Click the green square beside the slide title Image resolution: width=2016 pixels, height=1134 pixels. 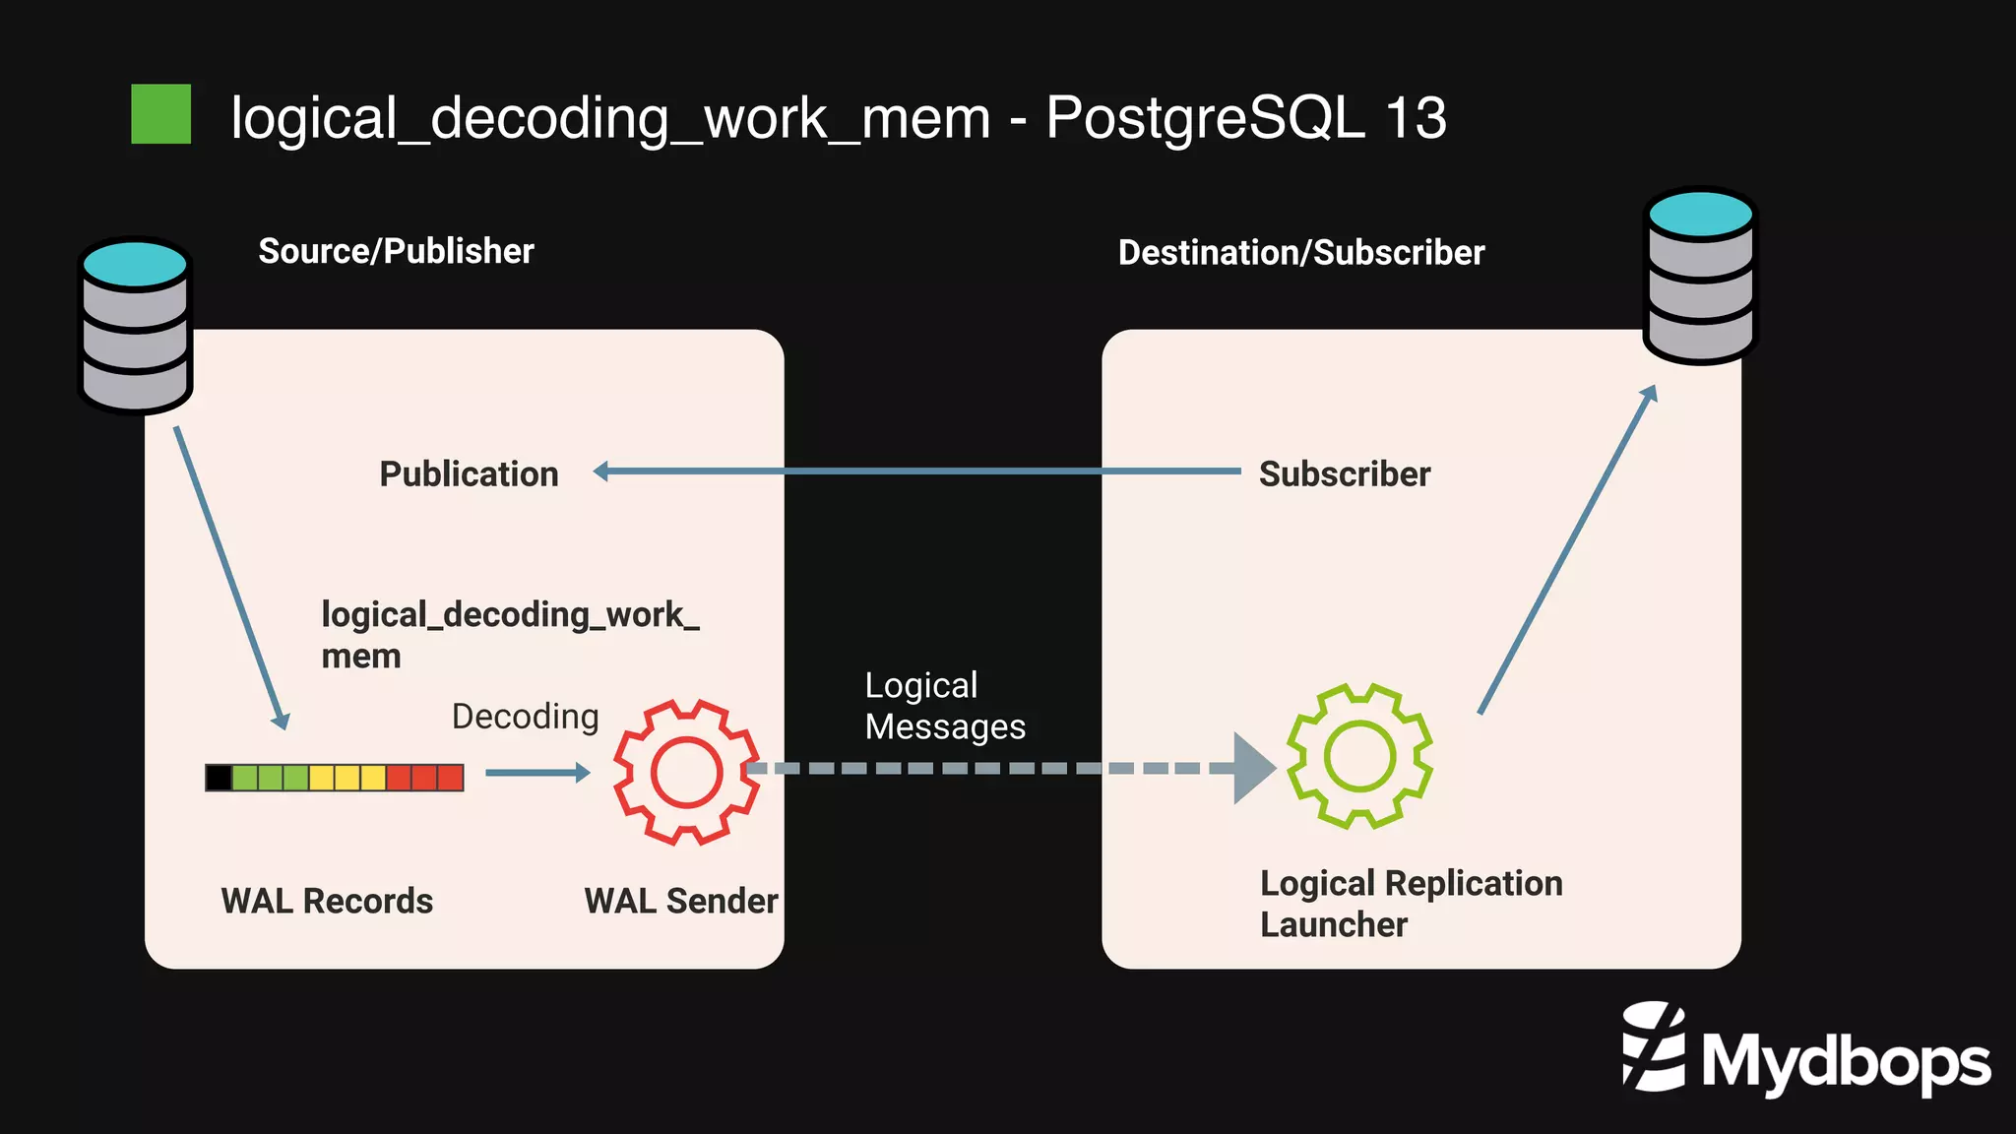pyautogui.click(x=160, y=114)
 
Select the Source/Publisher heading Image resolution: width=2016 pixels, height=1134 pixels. pyautogui.click(x=396, y=251)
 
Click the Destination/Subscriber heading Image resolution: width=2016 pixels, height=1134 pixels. pyautogui.click(x=1300, y=253)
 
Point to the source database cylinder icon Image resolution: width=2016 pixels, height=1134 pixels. pyautogui.click(x=135, y=325)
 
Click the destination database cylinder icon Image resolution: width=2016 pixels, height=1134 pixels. pyautogui.click(x=1700, y=276)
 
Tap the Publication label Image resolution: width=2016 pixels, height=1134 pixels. pyautogui.click(x=469, y=474)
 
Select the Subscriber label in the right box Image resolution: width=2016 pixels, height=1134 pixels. pyautogui.click(x=1344, y=474)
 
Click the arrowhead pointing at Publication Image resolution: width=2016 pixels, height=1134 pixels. pyautogui.click(x=601, y=472)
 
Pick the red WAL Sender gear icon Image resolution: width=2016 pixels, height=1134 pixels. pyautogui.click(x=686, y=772)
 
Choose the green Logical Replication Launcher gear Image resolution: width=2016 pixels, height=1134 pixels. pyautogui.click(x=1359, y=756)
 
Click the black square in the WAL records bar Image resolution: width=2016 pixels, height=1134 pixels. pyautogui.click(x=219, y=778)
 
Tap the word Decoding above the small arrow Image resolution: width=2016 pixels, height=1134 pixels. pyautogui.click(x=525, y=717)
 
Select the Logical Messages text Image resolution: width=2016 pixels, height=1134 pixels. pyautogui.click(x=944, y=706)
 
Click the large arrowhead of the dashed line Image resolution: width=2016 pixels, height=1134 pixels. pyautogui.click(x=1253, y=768)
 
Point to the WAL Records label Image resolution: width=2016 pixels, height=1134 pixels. pyautogui.click(x=327, y=901)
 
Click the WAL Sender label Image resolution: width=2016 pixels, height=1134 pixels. pyautogui.click(x=680, y=901)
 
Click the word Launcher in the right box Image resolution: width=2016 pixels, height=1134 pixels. pyautogui.click(x=1333, y=925)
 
